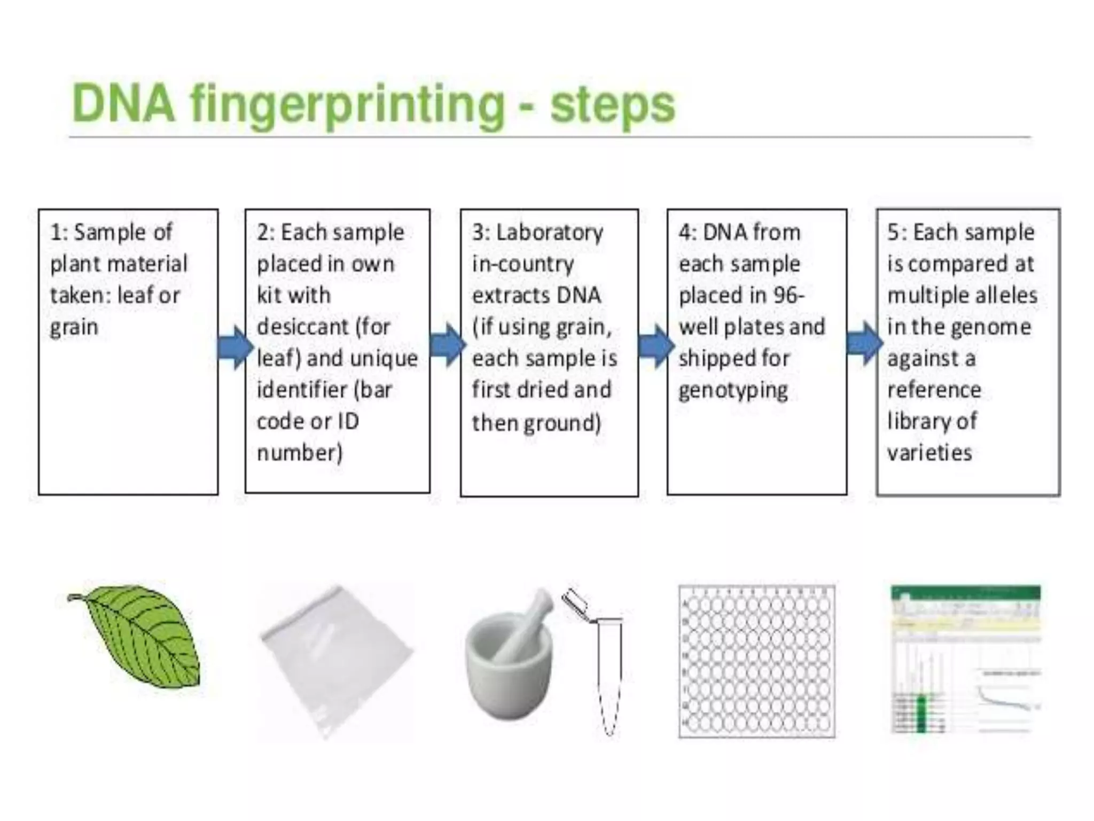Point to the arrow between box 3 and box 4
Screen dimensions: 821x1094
tap(655, 347)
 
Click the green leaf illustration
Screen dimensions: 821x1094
tap(139, 636)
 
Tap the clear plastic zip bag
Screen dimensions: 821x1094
tap(337, 663)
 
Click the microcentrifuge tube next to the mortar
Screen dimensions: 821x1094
tap(608, 673)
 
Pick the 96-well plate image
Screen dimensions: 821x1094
tap(756, 662)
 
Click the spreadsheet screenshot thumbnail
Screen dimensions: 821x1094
tap(966, 660)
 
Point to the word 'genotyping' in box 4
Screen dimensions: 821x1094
tap(733, 391)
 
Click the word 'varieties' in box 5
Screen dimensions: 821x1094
tap(929, 453)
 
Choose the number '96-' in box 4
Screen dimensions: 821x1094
tap(787, 296)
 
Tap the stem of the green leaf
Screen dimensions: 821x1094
tap(75, 597)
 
